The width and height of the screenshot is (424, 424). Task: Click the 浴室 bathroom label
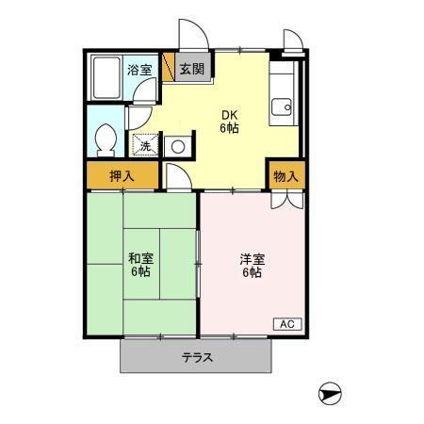click(x=139, y=70)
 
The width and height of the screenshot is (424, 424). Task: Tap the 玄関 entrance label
click(x=191, y=69)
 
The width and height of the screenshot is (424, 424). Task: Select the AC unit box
click(x=287, y=324)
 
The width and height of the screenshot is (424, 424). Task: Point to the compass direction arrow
click(x=330, y=394)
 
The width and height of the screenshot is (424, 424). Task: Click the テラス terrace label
click(x=197, y=357)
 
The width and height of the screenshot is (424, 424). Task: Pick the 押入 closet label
click(x=122, y=176)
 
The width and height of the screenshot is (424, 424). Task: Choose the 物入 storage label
click(x=285, y=176)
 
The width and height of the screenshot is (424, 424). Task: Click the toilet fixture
click(x=106, y=140)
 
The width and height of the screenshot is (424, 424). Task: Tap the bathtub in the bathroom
click(x=106, y=78)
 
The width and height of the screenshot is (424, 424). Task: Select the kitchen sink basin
click(x=282, y=107)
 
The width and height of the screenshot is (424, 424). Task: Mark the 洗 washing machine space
click(x=145, y=145)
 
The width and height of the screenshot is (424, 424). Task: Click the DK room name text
click(x=230, y=115)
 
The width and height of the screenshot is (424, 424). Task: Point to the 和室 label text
click(x=140, y=259)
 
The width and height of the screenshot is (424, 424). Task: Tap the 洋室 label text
click(x=253, y=260)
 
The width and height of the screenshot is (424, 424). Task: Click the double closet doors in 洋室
click(x=287, y=201)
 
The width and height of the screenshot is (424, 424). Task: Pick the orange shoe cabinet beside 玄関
click(x=169, y=67)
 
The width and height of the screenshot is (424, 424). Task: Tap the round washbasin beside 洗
click(x=178, y=147)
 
